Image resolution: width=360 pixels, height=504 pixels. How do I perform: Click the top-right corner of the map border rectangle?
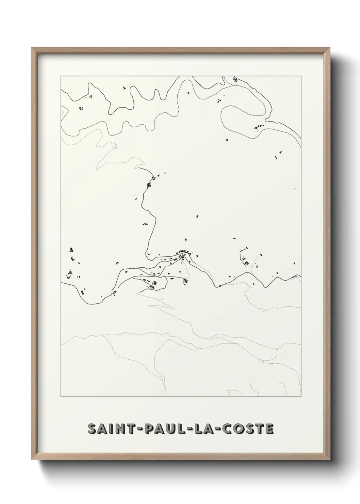(x=301, y=76)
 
